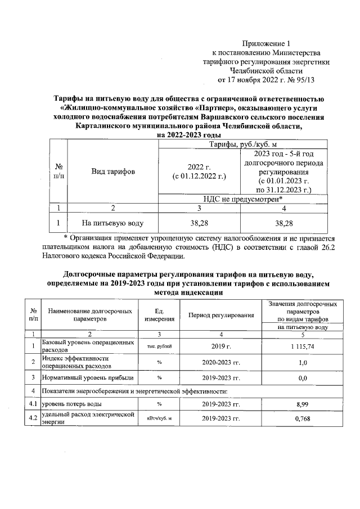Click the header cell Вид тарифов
click(x=113, y=171)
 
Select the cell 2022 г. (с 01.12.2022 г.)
click(x=199, y=171)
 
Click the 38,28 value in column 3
click(x=200, y=223)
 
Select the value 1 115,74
click(x=303, y=346)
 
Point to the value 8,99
click(x=303, y=403)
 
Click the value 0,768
click(x=303, y=419)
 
